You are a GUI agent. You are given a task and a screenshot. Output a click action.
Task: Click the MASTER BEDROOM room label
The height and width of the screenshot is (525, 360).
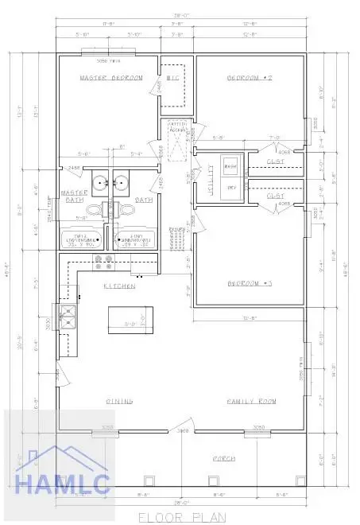pyautogui.click(x=110, y=79)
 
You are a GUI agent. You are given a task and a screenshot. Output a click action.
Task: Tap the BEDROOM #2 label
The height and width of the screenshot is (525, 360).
pyautogui.click(x=250, y=79)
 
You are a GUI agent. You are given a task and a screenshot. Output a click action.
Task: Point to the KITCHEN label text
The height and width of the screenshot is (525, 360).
pyautogui.click(x=118, y=285)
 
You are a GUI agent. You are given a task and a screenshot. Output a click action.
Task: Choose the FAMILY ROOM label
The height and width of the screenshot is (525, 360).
pyautogui.click(x=250, y=402)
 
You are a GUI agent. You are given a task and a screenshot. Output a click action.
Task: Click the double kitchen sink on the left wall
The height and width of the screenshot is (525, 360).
pyautogui.click(x=67, y=318)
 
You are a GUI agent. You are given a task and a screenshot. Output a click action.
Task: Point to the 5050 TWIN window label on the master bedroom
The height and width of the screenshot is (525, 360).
pyautogui.click(x=106, y=60)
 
